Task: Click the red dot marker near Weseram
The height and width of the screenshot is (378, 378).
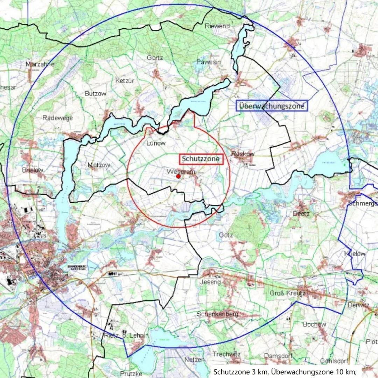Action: click(x=178, y=176)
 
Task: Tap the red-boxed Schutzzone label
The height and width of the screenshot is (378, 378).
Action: click(x=201, y=159)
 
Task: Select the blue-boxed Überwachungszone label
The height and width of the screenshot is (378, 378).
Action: click(x=272, y=106)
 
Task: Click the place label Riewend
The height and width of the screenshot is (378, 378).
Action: click(x=217, y=26)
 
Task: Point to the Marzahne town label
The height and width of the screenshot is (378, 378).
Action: click(x=40, y=64)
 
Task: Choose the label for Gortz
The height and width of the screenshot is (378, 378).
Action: click(x=155, y=58)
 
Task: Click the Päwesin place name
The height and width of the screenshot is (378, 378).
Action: click(x=209, y=62)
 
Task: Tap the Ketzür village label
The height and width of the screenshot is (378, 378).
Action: click(x=125, y=81)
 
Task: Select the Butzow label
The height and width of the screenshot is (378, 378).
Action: click(x=95, y=94)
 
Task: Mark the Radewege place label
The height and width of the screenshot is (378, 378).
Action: click(x=58, y=118)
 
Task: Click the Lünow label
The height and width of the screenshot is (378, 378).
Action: click(x=156, y=143)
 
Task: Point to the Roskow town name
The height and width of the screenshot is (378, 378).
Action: click(x=243, y=154)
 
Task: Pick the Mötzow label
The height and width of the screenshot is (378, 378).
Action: click(x=99, y=165)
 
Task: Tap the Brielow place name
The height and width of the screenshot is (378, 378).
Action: click(x=33, y=170)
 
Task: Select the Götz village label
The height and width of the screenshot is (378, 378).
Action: click(x=226, y=235)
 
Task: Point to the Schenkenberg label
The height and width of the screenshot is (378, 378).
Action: click(x=217, y=314)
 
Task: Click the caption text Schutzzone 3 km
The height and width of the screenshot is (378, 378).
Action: click(x=240, y=371)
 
